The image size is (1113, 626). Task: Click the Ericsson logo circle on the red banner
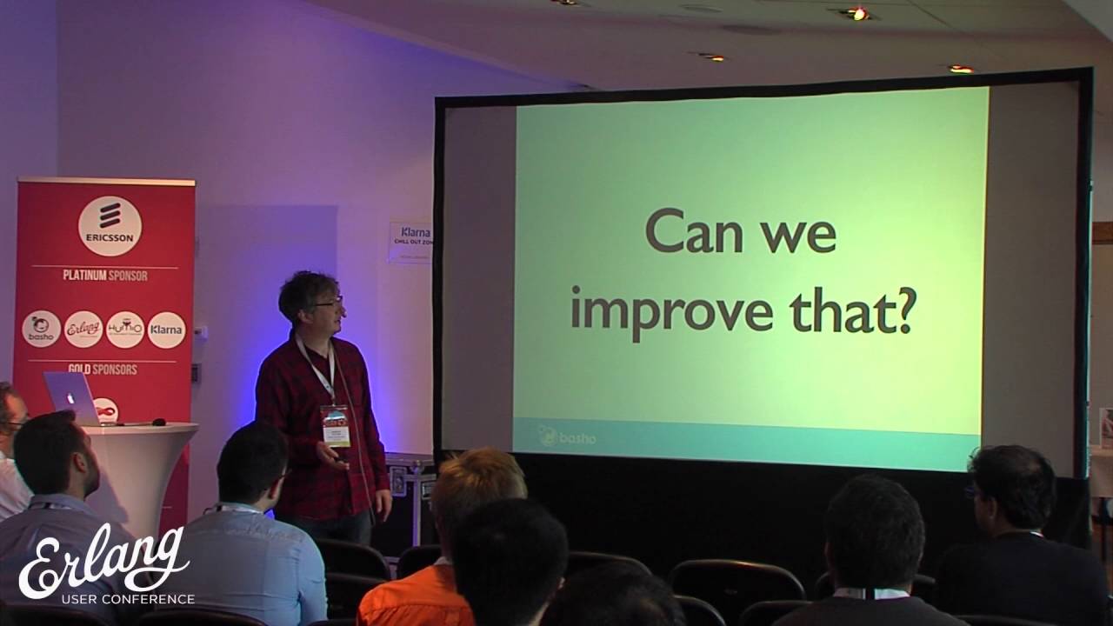tap(110, 225)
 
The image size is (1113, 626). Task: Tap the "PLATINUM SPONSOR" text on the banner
tap(104, 276)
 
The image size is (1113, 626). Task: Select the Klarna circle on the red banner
tap(166, 330)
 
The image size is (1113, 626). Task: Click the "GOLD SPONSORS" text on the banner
tap(103, 370)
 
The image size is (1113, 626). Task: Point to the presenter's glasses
tap(329, 302)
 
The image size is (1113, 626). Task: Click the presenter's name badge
tap(335, 424)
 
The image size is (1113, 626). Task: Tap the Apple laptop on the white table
tap(71, 397)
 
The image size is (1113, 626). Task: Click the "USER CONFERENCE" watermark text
tap(127, 599)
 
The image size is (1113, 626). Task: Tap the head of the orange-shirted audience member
tap(477, 487)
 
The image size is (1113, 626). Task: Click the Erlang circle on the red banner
tap(83, 330)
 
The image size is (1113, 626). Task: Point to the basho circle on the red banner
tap(42, 330)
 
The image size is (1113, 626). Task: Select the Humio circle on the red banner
tap(125, 330)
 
